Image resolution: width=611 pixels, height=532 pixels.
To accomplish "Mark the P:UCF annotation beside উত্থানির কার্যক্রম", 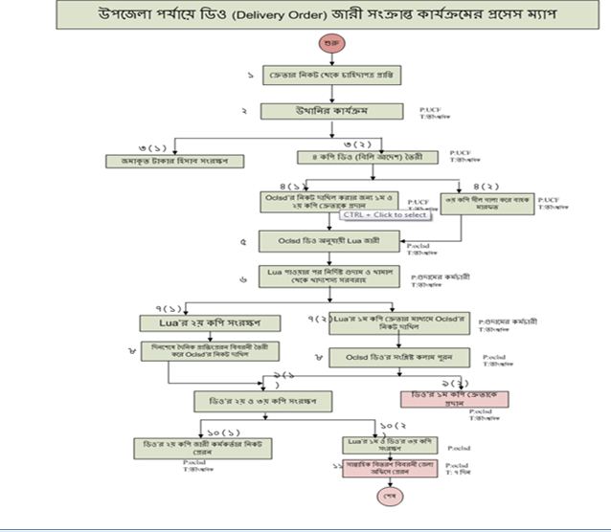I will pyautogui.click(x=431, y=109).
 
